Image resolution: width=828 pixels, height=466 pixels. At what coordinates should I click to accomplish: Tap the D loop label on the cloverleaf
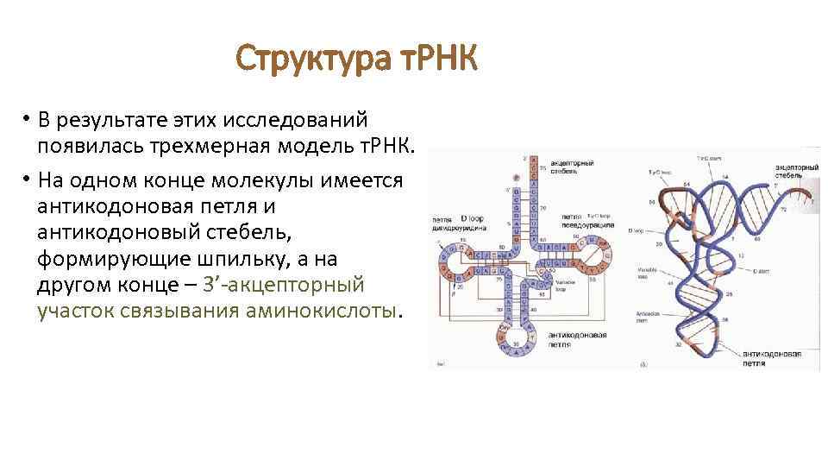471,217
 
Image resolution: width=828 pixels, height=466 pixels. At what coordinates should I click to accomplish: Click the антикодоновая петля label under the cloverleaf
576,339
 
